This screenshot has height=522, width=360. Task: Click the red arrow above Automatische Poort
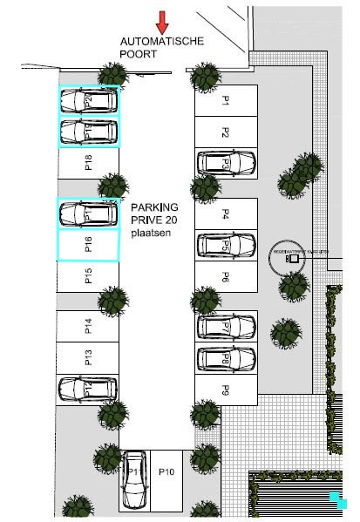pos(162,21)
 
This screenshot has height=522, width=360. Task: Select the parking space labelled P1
pos(226,101)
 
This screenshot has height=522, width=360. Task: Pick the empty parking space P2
pos(226,132)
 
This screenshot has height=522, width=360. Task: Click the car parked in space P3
pos(226,163)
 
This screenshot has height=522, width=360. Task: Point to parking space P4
pos(226,214)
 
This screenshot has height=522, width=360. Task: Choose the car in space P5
pos(226,245)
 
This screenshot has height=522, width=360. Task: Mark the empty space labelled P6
pos(226,277)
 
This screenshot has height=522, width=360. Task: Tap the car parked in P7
pos(226,326)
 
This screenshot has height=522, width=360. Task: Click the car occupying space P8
pos(226,357)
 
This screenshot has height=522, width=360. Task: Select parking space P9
pos(226,389)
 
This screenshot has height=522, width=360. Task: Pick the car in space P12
pos(87,388)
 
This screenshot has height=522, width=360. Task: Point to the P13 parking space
pos(87,356)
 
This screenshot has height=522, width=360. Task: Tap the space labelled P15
pos(87,277)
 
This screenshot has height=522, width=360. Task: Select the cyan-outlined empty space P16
pos(87,245)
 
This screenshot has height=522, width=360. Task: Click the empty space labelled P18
pos(87,163)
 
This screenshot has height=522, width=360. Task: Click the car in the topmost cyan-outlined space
pos(87,101)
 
